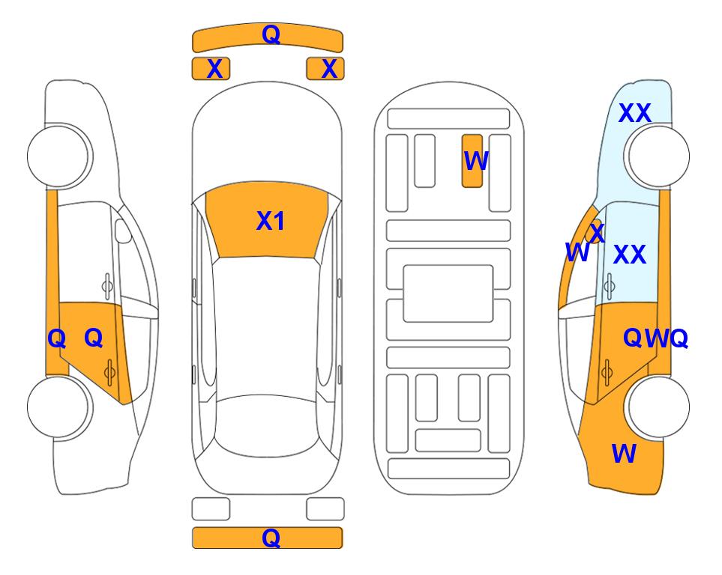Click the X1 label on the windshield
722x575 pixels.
[x=271, y=221]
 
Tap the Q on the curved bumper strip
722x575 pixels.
[x=271, y=34]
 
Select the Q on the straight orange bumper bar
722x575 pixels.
[x=271, y=538]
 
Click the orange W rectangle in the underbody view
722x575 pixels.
[x=472, y=161]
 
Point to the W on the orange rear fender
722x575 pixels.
[x=624, y=454]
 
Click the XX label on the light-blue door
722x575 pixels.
[x=630, y=255]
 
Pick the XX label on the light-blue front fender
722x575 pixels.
[x=634, y=113]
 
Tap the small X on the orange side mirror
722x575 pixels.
[x=597, y=232]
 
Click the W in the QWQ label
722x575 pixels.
[x=657, y=339]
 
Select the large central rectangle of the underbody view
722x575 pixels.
[x=448, y=293]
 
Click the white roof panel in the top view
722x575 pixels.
[x=267, y=326]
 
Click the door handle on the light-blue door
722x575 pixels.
[x=610, y=286]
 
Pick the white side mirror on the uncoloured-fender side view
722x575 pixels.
[x=122, y=231]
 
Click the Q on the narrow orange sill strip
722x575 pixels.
[x=57, y=339]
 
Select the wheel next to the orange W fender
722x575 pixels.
[x=658, y=407]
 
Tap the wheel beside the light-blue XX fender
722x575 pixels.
[x=658, y=156]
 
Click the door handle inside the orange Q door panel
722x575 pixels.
[x=109, y=372]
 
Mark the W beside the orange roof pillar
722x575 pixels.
[x=577, y=252]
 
